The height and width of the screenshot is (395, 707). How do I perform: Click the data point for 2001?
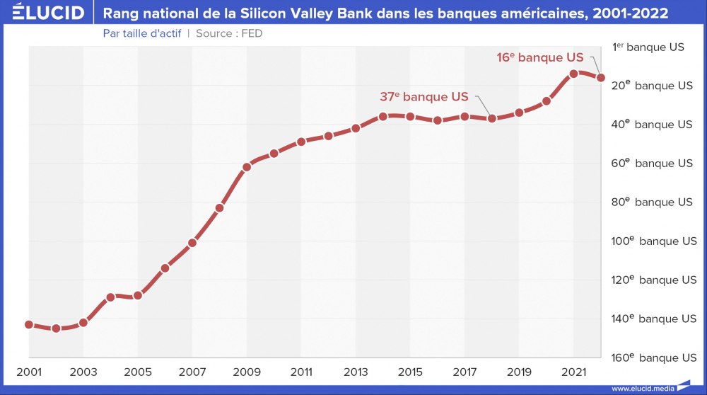point(29,325)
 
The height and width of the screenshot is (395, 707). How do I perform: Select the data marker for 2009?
point(247,168)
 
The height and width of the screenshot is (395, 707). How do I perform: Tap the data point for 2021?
point(573,73)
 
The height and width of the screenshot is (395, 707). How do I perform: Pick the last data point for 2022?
point(600,78)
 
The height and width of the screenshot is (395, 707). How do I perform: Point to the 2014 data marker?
point(382,116)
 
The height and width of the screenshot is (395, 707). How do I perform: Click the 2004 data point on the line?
point(111,297)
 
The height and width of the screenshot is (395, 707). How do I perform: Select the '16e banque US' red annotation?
point(540,57)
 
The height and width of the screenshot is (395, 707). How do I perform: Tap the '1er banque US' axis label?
point(648,47)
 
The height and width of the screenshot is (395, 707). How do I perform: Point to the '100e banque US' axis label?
point(653,241)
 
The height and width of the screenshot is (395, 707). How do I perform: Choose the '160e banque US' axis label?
point(653,358)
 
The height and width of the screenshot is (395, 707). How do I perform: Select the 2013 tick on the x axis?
point(356,372)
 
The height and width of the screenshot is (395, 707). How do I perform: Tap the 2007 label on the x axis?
point(192,372)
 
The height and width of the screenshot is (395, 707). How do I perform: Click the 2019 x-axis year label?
point(519,372)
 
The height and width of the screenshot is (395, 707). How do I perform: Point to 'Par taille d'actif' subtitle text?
point(141,33)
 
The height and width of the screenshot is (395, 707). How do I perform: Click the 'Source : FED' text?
point(229,33)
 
